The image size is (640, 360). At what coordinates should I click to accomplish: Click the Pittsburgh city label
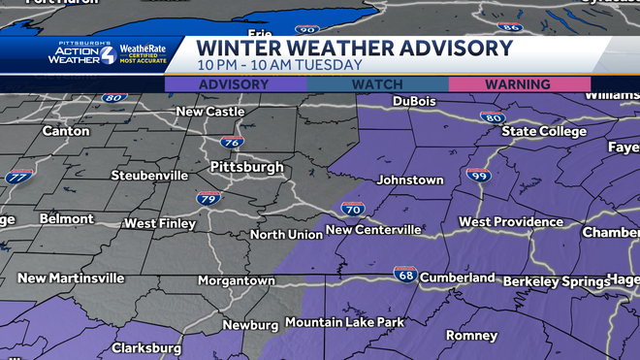(x=246, y=167)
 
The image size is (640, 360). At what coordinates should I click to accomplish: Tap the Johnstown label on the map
(x=410, y=180)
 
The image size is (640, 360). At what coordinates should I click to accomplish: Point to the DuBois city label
(x=415, y=101)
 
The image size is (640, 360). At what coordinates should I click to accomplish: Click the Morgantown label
(x=238, y=279)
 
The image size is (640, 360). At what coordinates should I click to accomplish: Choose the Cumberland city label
(x=458, y=278)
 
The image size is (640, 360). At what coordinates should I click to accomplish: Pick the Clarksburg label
(x=146, y=347)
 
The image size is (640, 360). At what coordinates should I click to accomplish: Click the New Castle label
(x=209, y=112)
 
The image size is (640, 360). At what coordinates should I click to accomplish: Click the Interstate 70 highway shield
(x=352, y=209)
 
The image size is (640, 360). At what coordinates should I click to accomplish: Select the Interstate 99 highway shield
(x=477, y=175)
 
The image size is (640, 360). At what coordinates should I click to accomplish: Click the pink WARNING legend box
(x=520, y=84)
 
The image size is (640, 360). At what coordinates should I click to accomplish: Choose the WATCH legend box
(x=377, y=84)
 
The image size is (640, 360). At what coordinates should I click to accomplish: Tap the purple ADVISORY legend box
(x=236, y=84)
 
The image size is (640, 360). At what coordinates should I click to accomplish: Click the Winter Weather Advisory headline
(x=354, y=48)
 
